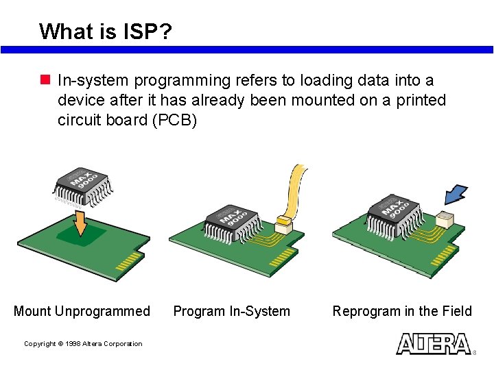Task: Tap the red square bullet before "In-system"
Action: click(46, 81)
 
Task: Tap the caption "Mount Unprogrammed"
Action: click(82, 311)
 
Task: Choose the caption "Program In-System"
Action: click(231, 311)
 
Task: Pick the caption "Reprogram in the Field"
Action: click(402, 311)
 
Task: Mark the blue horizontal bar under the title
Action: click(247, 50)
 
